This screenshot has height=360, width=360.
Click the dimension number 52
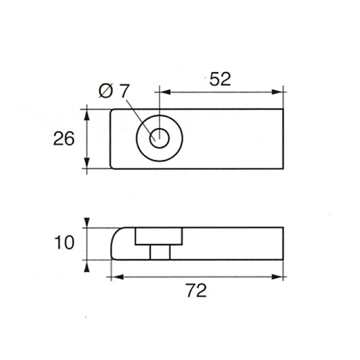click(220, 79)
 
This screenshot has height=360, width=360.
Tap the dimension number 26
click(64, 138)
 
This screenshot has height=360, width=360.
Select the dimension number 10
click(64, 243)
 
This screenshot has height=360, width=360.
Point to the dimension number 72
click(196, 290)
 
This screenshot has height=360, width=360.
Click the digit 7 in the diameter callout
click(125, 91)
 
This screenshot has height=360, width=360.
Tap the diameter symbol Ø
click(106, 91)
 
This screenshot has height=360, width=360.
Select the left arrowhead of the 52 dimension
click(165, 92)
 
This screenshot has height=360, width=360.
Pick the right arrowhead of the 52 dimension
click(277, 92)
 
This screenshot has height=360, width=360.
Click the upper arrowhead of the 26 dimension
click(86, 115)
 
